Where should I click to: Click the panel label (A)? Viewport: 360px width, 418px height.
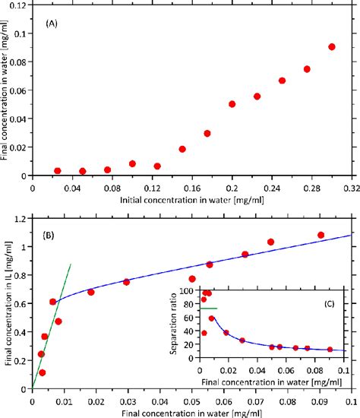(x=52, y=24)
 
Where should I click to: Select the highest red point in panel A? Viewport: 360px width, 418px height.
(x=332, y=46)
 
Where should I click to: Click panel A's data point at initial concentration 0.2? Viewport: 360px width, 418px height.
(x=232, y=104)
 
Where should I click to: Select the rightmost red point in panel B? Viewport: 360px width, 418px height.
(x=321, y=236)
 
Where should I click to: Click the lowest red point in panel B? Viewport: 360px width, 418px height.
(x=43, y=372)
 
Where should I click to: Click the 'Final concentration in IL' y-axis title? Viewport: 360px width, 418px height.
(x=6, y=304)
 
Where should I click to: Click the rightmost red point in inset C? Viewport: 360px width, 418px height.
(x=330, y=350)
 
